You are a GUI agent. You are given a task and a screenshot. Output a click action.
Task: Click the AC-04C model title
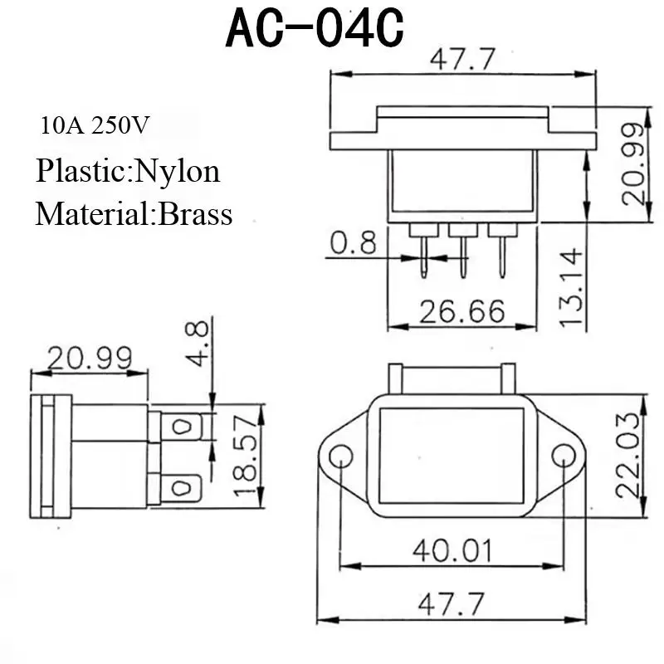point(315,28)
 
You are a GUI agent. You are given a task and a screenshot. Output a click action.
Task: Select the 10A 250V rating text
point(95,125)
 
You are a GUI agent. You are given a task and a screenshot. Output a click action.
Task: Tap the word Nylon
point(178,173)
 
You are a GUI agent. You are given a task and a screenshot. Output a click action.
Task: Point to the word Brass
point(195,214)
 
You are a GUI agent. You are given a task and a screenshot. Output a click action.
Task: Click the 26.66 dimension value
point(462,311)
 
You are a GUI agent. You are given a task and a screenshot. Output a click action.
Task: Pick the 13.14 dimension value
point(571,288)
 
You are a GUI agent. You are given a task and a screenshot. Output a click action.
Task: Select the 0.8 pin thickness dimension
point(353,242)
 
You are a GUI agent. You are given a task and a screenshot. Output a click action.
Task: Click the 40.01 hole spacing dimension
point(452,550)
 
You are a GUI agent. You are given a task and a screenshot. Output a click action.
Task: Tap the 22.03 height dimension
point(627,455)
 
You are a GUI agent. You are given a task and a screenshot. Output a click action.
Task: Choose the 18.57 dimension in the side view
point(245,456)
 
